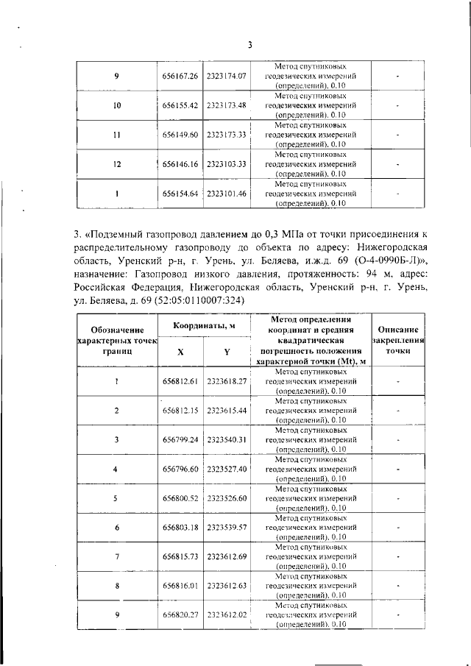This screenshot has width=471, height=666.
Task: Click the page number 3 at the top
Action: click(x=249, y=45)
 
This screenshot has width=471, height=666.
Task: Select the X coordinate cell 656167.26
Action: click(x=180, y=76)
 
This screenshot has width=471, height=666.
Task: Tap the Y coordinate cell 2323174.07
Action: click(x=226, y=76)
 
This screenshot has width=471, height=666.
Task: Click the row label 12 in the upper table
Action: click(x=117, y=164)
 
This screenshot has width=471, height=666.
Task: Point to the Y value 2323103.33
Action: click(x=226, y=164)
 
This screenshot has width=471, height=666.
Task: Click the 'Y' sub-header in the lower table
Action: click(x=227, y=352)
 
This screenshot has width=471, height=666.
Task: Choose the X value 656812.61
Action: click(x=180, y=381)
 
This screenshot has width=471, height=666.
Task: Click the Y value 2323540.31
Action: click(x=226, y=439)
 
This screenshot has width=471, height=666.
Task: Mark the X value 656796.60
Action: click(x=180, y=469)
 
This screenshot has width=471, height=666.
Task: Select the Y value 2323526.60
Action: click(x=226, y=498)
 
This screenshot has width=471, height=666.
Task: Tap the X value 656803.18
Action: click(x=180, y=527)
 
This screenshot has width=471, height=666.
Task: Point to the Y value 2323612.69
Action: click(x=226, y=556)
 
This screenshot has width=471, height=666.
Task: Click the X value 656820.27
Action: click(x=180, y=614)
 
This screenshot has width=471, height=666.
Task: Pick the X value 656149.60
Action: click(x=180, y=135)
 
